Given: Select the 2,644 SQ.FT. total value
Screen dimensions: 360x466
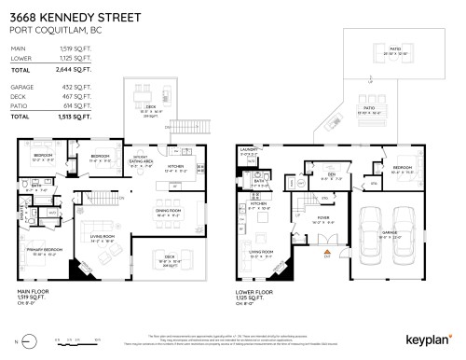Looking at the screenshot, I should point(75,70).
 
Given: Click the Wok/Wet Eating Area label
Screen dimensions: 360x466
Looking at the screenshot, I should point(143,159).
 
